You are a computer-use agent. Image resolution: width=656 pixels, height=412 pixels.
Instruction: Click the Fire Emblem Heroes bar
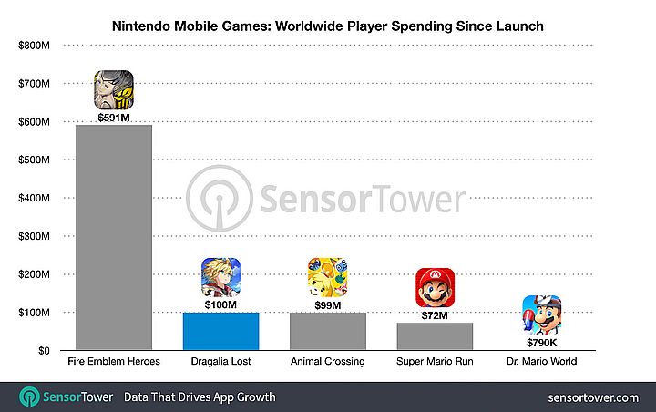[x=113, y=237]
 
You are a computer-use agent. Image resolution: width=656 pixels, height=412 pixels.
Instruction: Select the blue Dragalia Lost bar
[x=220, y=331]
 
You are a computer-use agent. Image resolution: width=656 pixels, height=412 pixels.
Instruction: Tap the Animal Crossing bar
[x=327, y=331]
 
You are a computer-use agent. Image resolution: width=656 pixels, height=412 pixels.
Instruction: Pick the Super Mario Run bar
[x=435, y=336]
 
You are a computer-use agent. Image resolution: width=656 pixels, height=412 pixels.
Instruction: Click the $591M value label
[x=114, y=117]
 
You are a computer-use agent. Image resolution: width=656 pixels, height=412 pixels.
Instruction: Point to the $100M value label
[x=220, y=304]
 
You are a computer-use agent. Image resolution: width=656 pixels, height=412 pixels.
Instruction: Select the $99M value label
[x=327, y=304]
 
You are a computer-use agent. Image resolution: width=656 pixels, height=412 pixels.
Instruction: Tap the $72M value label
[x=435, y=314]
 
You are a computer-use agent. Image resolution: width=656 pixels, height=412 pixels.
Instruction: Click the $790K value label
[x=541, y=343]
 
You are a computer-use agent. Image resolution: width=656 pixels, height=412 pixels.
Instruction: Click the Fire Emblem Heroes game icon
[x=114, y=90]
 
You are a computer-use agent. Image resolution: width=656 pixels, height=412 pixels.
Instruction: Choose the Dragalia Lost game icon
[x=220, y=277]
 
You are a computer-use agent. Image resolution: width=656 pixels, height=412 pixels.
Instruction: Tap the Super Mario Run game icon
[x=435, y=288]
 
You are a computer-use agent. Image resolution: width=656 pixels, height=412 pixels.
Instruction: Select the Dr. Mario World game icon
[x=541, y=315]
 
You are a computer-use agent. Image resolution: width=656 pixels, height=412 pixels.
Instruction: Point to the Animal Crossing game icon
[x=327, y=277]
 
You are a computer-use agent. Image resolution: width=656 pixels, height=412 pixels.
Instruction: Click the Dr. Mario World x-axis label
[x=541, y=362]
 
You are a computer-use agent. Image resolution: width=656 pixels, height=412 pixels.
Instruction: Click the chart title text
[x=328, y=26]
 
